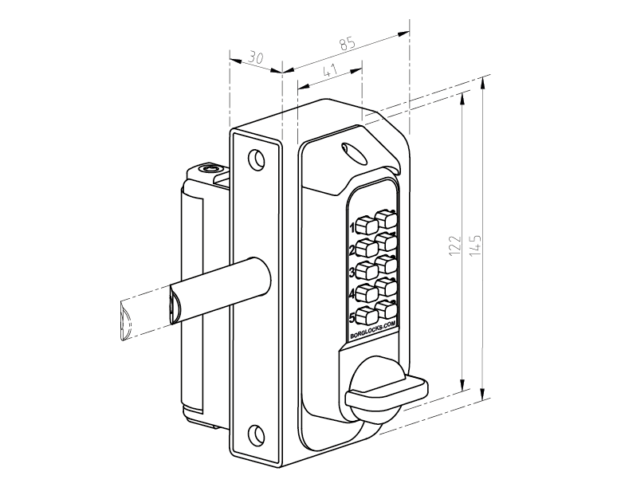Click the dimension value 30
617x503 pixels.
[254, 57]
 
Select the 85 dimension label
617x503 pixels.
[347, 45]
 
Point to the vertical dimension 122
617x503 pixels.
[453, 245]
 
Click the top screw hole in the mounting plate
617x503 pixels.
[256, 160]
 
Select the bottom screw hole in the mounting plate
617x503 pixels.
[256, 434]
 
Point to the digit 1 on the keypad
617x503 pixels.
[352, 227]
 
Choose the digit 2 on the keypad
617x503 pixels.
[352, 250]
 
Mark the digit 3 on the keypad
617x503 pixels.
[352, 272]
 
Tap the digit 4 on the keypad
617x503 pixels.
[352, 294]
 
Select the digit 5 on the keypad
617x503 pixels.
[352, 316]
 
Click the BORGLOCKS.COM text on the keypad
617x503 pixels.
[373, 330]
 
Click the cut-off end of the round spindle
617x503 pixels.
[125, 320]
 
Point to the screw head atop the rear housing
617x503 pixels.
[211, 168]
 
